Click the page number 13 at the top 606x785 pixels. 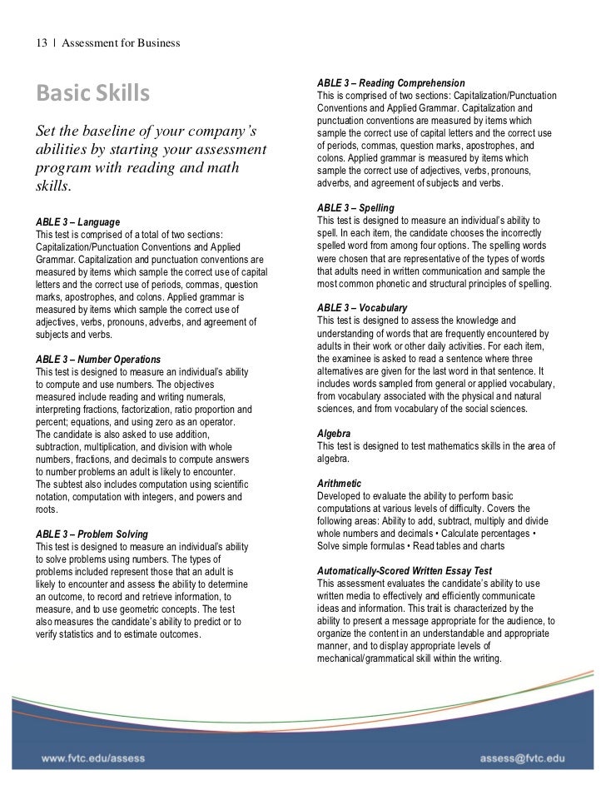pos(41,42)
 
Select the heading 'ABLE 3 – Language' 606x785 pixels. pos(79,222)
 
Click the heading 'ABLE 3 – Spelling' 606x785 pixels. pos(355,207)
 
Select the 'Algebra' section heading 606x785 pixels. pos(334,434)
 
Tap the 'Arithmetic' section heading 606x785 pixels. pos(340,484)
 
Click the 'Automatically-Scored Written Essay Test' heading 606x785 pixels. pos(405,571)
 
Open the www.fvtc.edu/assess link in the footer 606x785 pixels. pos(92,759)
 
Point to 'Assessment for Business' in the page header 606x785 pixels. pos(122,42)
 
